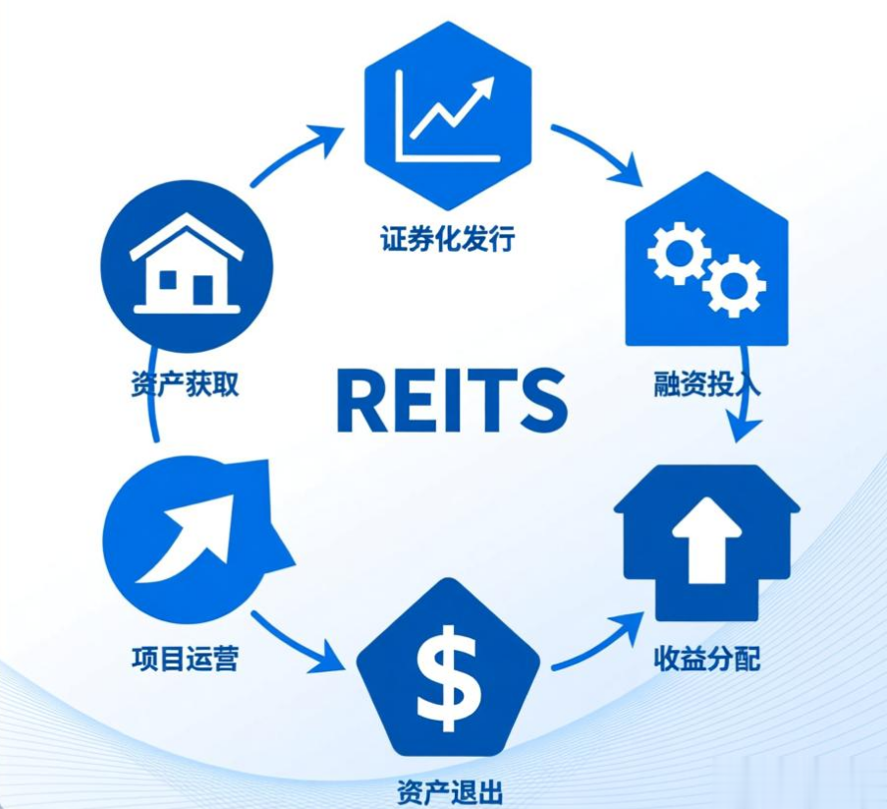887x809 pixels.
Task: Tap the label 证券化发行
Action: (x=447, y=239)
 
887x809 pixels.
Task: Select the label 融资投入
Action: (x=706, y=382)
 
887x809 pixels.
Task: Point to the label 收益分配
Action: (x=706, y=658)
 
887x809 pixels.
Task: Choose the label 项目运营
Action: (x=185, y=657)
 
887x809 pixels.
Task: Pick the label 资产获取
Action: (x=185, y=382)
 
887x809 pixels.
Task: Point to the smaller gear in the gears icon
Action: (x=735, y=285)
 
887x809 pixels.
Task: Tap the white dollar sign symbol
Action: (x=448, y=676)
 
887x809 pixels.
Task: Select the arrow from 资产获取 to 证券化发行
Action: (x=295, y=152)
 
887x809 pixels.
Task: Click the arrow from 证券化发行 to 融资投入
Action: (x=597, y=152)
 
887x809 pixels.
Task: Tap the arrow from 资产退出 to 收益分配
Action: (x=596, y=644)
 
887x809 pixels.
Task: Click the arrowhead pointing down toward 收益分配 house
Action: (x=748, y=430)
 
